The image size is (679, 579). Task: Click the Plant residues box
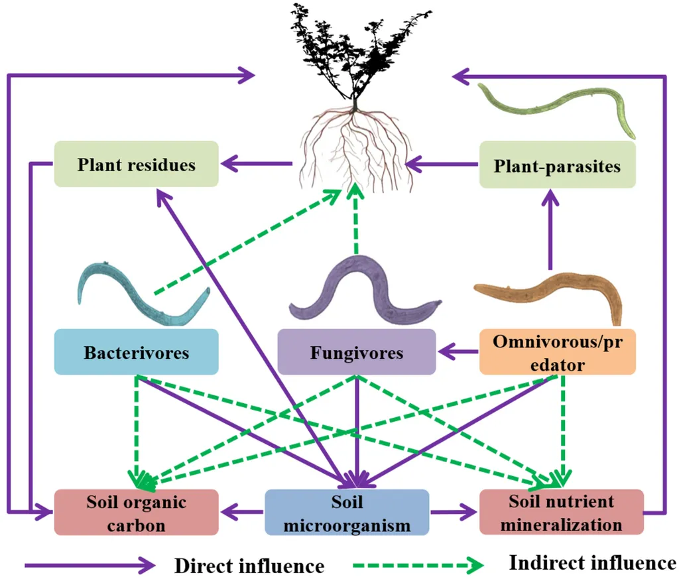click(136, 164)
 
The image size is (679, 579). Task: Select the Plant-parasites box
click(557, 164)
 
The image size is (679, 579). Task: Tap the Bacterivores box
click(136, 352)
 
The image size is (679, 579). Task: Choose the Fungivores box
click(356, 352)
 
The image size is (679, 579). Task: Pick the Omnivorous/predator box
click(557, 352)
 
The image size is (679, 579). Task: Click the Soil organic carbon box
click(136, 512)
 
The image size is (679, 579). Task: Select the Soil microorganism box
click(347, 512)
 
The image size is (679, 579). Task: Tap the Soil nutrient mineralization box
click(561, 512)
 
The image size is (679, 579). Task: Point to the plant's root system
click(356, 147)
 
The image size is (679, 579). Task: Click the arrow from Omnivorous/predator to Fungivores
click(459, 352)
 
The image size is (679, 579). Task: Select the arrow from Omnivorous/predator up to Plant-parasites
click(550, 229)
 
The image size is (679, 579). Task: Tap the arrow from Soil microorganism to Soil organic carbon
click(241, 512)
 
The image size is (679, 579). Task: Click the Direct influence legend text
click(249, 566)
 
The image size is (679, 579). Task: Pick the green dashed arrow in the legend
click(418, 565)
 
